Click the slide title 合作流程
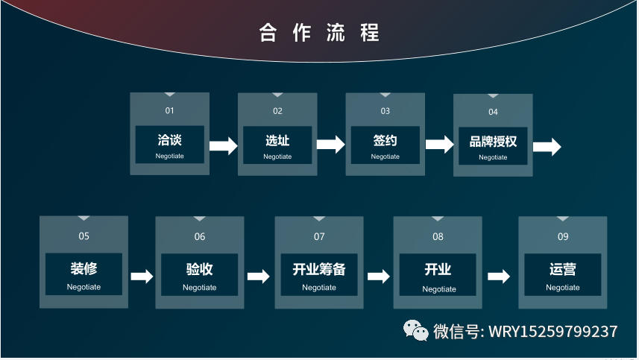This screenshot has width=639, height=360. click(319, 33)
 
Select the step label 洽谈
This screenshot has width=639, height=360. click(169, 140)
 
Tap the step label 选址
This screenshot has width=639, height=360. click(277, 140)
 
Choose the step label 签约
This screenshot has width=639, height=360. click(385, 140)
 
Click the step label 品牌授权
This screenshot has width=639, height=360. click(493, 141)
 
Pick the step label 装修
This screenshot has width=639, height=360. click(84, 268)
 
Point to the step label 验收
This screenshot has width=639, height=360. click(199, 269)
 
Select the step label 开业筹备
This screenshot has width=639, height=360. click(318, 269)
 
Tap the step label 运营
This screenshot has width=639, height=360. click(562, 269)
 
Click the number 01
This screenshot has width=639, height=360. click(169, 111)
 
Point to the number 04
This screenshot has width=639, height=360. click(493, 112)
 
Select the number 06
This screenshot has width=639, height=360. click(200, 237)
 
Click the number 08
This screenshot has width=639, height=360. click(438, 237)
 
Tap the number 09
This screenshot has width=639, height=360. click(562, 237)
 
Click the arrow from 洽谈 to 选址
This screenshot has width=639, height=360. click(223, 145)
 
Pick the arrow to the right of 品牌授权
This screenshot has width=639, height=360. click(547, 147)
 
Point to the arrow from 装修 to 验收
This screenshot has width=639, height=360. click(142, 277)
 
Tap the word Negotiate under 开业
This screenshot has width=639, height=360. click(439, 289)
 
